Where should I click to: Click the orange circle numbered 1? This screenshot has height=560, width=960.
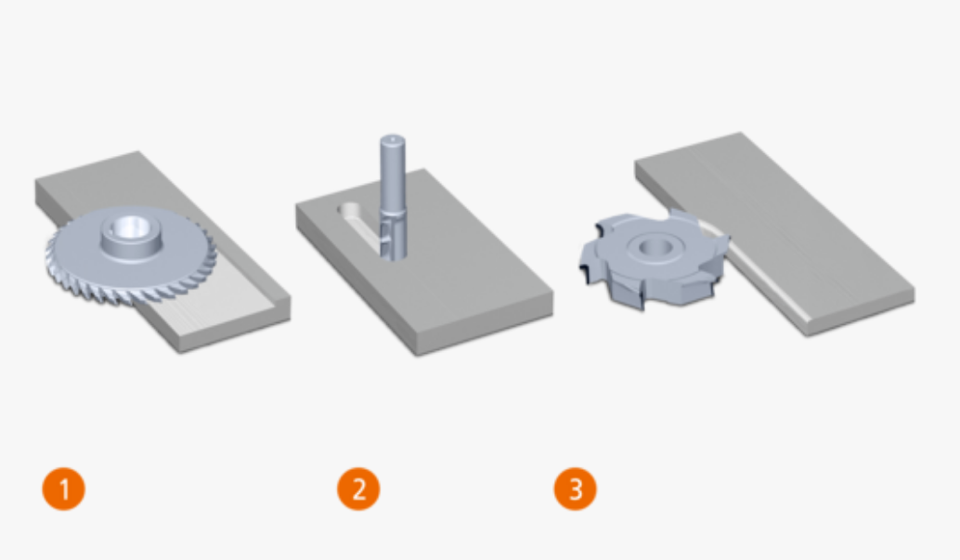click(x=64, y=488)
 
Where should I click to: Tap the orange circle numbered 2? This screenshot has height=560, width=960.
click(x=358, y=488)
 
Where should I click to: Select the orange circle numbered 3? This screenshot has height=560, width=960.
click(x=576, y=488)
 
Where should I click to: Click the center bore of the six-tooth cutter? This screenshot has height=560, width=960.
click(x=655, y=248)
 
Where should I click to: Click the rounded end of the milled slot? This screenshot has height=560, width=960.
click(x=348, y=210)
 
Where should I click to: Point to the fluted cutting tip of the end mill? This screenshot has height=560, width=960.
click(x=393, y=236)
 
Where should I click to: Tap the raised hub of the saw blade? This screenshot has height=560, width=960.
click(x=132, y=237)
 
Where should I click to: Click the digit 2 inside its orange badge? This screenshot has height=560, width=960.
click(x=358, y=488)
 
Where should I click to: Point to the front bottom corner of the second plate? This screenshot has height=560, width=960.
click(x=417, y=354)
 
